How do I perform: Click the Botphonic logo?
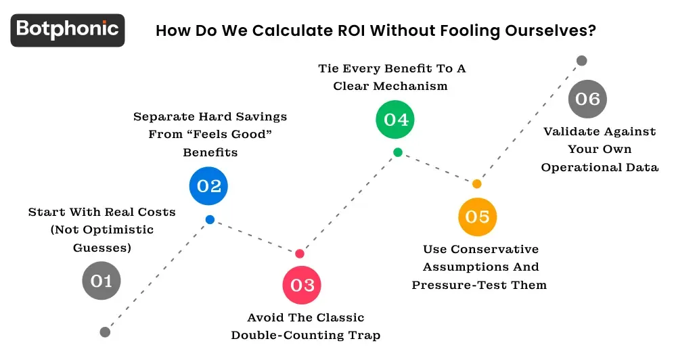[68, 30]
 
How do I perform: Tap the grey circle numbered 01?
[102, 280]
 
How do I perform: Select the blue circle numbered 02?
[209, 185]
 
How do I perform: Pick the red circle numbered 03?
[302, 285]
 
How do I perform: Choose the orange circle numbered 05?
[477, 217]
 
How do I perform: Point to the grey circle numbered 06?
[587, 99]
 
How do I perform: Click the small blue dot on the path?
[210, 219]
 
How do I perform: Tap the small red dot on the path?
[300, 254]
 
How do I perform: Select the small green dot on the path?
[398, 152]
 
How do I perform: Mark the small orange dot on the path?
[477, 183]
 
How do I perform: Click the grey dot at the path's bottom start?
[105, 332]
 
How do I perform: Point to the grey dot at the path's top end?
[581, 61]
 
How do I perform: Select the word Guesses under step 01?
[102, 248]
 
